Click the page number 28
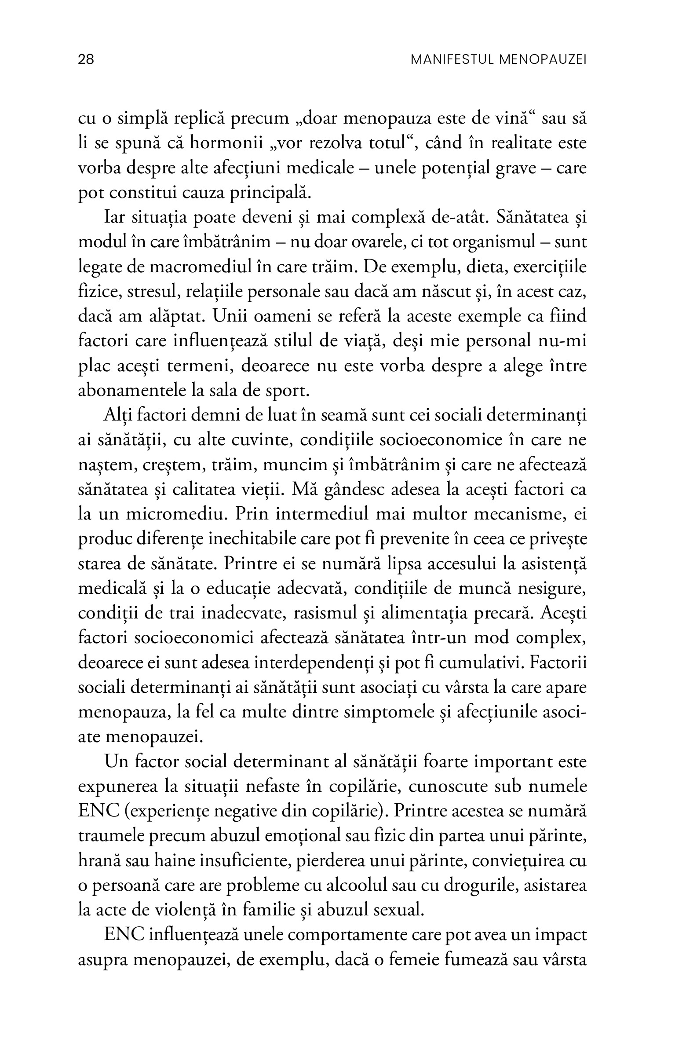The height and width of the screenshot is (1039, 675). pyautogui.click(x=86, y=59)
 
